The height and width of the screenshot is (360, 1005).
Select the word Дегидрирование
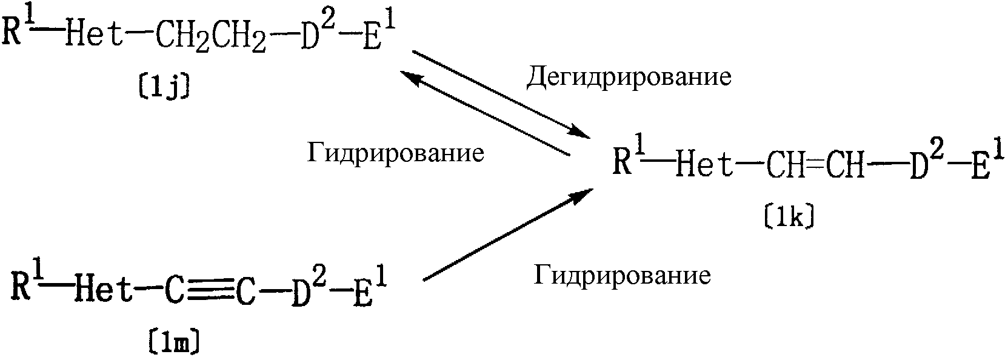click(x=629, y=76)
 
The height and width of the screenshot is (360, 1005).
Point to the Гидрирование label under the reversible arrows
click(x=396, y=153)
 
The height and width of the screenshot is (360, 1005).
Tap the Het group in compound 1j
click(x=94, y=33)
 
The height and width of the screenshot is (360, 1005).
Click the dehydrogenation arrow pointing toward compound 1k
click(x=501, y=94)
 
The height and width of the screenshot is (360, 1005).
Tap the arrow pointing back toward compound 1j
click(x=484, y=113)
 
